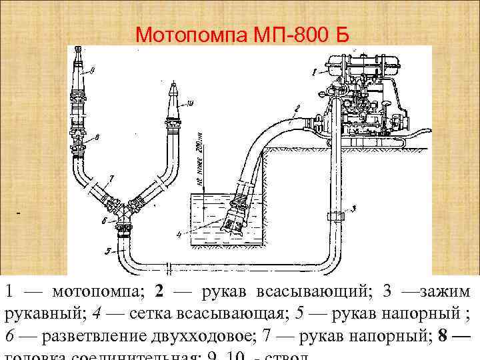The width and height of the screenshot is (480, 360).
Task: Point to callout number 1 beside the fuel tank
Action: [x=313, y=70]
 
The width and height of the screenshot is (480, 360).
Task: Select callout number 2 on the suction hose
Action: [x=298, y=107]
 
